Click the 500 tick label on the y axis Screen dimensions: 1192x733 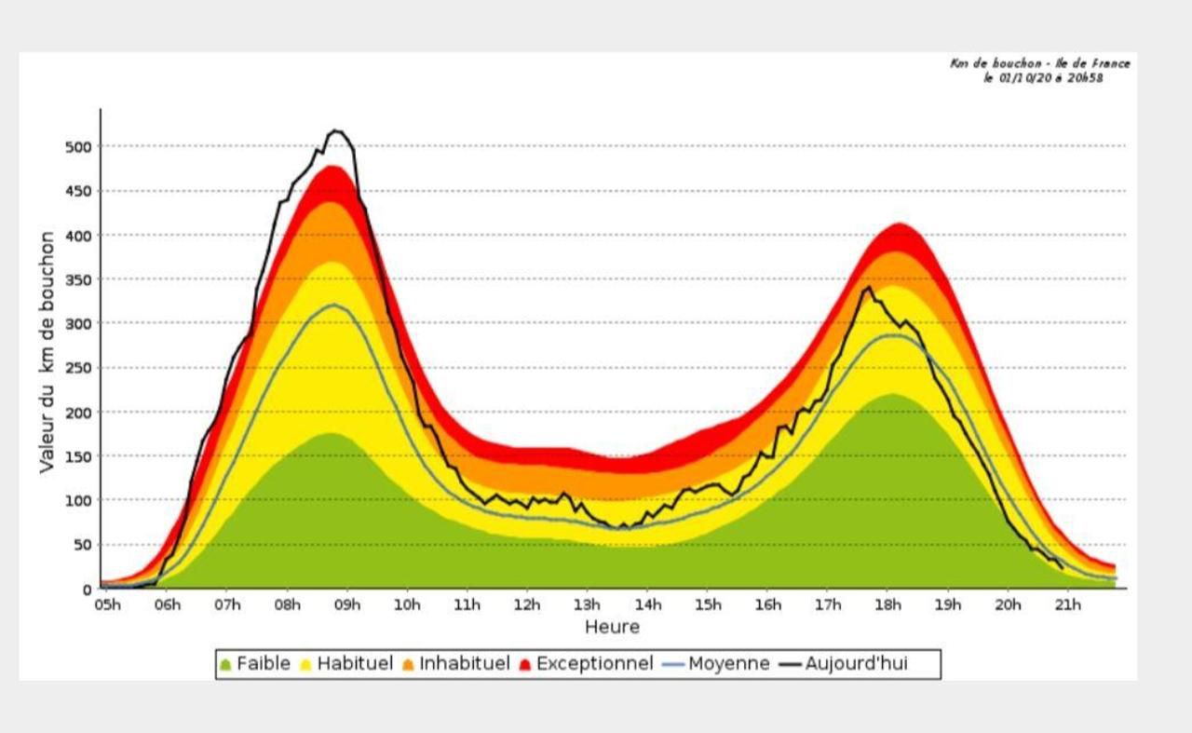click(78, 147)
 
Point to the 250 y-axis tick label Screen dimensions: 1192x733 click(78, 369)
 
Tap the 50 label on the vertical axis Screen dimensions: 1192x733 click(83, 545)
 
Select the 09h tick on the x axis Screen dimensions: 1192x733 click(347, 605)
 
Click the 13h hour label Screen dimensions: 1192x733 click(587, 605)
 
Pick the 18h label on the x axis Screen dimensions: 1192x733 click(888, 605)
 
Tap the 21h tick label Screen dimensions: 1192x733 click(1068, 605)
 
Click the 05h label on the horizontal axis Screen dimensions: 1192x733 click(107, 605)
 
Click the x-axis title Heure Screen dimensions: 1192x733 click(612, 627)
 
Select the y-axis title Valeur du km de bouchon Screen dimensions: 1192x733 click(47, 352)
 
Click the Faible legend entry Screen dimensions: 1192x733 click(256, 664)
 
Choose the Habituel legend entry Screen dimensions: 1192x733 click(346, 664)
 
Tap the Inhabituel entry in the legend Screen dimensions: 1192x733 click(456, 664)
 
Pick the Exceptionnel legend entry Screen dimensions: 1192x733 click(587, 664)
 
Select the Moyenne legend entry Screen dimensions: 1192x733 click(716, 664)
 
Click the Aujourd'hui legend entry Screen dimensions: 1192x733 click(844, 664)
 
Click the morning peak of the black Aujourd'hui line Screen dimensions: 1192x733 click(334, 130)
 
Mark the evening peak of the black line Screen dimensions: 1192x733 click(869, 288)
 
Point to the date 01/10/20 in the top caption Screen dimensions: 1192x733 click(1024, 78)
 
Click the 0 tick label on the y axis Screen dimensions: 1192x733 click(88, 590)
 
